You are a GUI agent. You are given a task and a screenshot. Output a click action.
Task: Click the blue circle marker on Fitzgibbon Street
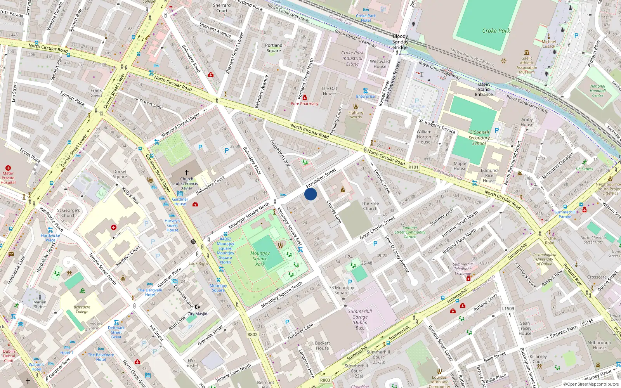pos(310,194)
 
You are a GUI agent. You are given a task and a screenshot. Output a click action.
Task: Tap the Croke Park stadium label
pos(496,31)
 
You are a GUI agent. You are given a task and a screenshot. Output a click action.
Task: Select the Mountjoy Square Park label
pos(260,258)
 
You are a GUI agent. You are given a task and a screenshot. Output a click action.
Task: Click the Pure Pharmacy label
pos(304,104)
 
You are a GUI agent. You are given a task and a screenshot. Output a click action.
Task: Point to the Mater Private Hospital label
pos(8,178)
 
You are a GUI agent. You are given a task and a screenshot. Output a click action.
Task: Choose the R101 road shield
pos(413,167)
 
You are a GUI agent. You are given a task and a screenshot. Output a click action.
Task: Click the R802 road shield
pos(252,334)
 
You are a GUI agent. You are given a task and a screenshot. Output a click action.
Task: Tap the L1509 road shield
pos(508,308)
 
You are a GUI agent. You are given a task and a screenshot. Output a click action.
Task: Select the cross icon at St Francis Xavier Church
pos(187,172)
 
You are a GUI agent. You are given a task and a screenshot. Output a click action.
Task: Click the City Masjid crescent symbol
pos(197,307)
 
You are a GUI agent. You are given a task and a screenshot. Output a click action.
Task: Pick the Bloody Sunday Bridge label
pos(400,42)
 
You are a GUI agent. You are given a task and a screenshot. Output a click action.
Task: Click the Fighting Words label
pos(356,114)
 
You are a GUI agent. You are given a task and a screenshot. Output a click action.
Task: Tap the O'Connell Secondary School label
pos(479,138)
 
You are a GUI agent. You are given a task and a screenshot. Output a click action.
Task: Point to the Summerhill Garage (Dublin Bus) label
pos(360,319)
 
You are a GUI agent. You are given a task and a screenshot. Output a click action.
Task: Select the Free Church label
pos(370,206)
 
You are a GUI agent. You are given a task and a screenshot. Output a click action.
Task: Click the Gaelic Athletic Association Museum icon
pos(527,52)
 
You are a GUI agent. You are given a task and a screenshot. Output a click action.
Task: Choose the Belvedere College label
pos(82,309)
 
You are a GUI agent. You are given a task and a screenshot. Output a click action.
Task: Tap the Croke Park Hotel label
pos(366,18)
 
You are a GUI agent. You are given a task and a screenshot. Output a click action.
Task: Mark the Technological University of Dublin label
pos(544,259)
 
